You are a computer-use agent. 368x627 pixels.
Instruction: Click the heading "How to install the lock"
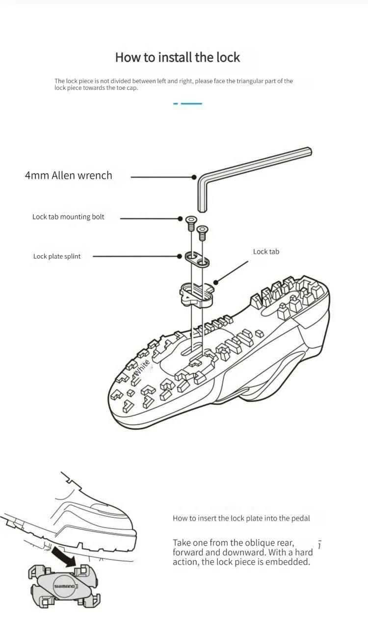pyautogui.click(x=177, y=57)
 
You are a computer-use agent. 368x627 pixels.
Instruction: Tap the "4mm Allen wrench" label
pyautogui.click(x=68, y=176)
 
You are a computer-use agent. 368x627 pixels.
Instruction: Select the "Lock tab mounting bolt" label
pyautogui.click(x=68, y=217)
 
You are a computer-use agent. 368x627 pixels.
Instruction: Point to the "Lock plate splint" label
pyautogui.click(x=57, y=256)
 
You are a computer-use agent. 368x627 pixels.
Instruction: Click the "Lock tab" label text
pyautogui.click(x=266, y=252)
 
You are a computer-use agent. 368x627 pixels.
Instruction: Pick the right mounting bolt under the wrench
pyautogui.click(x=202, y=232)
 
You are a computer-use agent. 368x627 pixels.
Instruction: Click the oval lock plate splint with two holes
pyautogui.click(x=196, y=259)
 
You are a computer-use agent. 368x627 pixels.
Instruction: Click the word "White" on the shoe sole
pyautogui.click(x=142, y=368)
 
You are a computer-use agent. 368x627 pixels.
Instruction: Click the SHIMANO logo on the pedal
pyautogui.click(x=64, y=586)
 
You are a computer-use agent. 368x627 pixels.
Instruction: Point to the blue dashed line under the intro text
pyautogui.click(x=188, y=104)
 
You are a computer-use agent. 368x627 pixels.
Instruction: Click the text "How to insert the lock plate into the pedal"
pyautogui.click(x=241, y=518)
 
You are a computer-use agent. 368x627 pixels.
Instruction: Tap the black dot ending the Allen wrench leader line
pyautogui.click(x=194, y=177)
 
